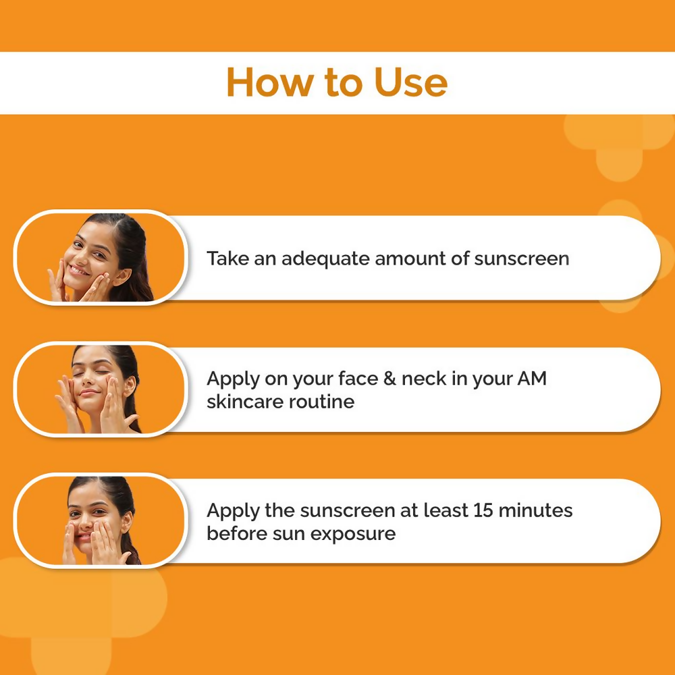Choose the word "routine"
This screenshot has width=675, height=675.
(323, 402)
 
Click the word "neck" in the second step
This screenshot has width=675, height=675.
(423, 379)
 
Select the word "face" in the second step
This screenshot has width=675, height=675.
(350, 379)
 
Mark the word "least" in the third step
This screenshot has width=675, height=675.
(446, 510)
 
